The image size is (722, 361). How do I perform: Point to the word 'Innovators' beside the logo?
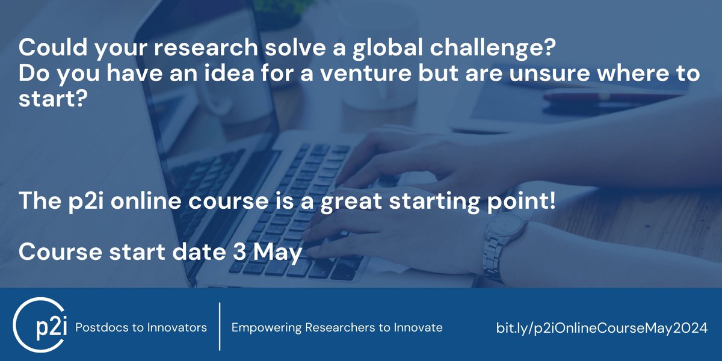click(x=177, y=328)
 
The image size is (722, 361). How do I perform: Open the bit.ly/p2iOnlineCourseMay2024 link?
click(x=602, y=329)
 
